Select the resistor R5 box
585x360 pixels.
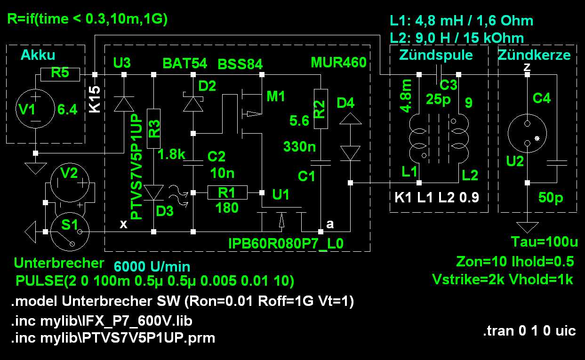(x=60, y=74)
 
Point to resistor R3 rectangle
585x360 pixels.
(x=154, y=128)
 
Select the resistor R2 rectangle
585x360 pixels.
(x=321, y=109)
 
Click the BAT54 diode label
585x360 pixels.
(x=184, y=64)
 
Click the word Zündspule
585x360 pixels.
(x=436, y=55)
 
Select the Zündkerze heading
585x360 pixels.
(x=534, y=55)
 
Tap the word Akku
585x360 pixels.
(x=38, y=55)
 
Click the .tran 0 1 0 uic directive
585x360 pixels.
(x=529, y=330)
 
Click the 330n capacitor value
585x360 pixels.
(x=299, y=146)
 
